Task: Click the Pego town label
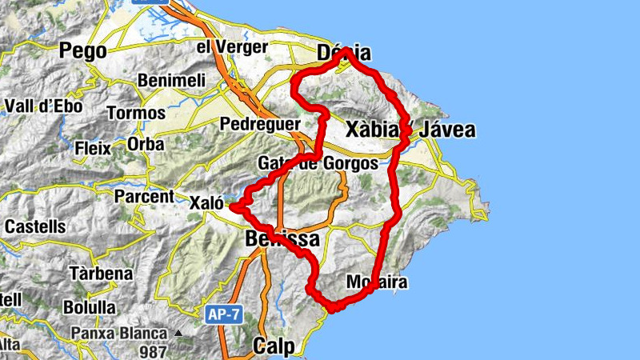(83, 51)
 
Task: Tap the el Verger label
(231, 47)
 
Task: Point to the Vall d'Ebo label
(43, 106)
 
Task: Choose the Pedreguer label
(260, 124)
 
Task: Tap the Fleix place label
(92, 148)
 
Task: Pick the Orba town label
(146, 145)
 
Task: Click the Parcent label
(144, 197)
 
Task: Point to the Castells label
(35, 226)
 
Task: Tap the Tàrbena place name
(101, 274)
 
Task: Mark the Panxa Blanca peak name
(118, 333)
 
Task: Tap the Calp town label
(274, 346)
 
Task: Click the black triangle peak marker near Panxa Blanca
(178, 334)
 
